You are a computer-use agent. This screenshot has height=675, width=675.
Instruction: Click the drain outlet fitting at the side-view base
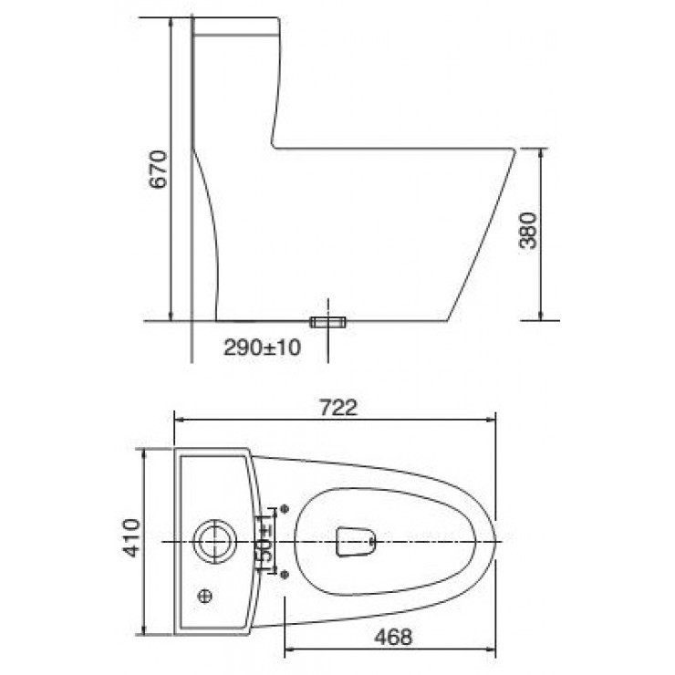[329, 322]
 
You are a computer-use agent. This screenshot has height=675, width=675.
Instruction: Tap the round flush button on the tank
[214, 541]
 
